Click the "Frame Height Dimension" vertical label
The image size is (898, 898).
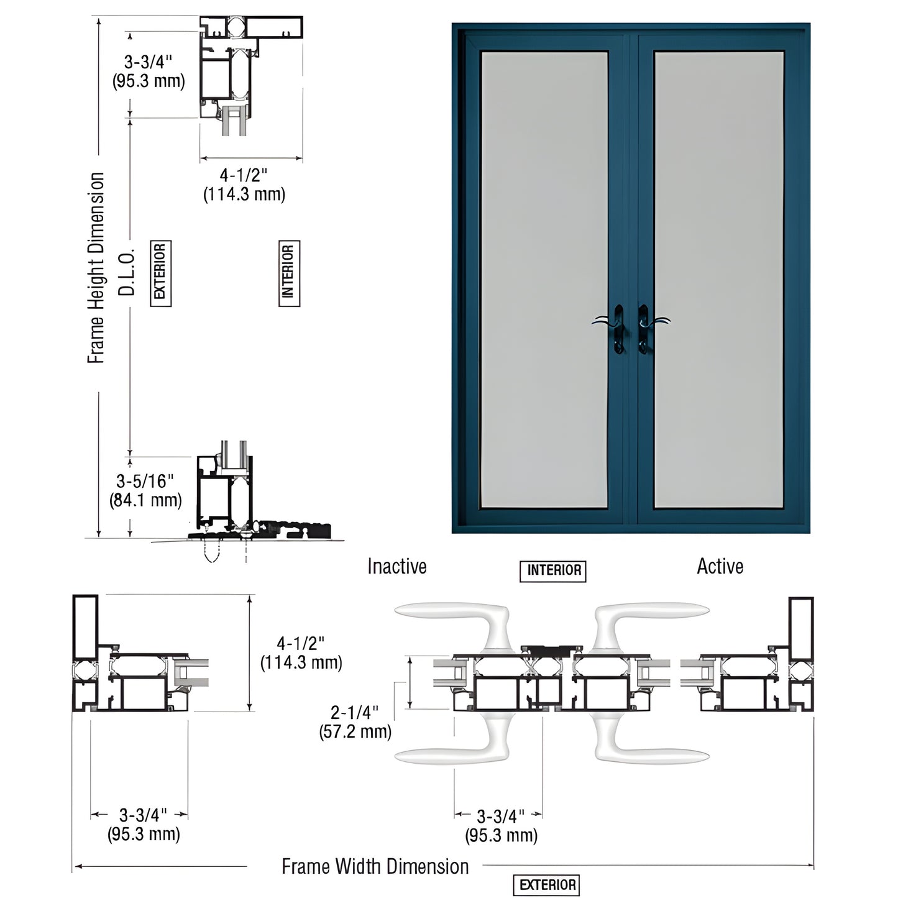(96, 268)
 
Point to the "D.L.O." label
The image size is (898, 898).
(127, 272)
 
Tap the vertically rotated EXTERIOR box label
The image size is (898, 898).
(160, 273)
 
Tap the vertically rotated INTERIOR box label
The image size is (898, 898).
(289, 273)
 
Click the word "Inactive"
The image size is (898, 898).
(396, 567)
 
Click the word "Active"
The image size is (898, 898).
(720, 567)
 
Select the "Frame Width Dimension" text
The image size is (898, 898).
(375, 866)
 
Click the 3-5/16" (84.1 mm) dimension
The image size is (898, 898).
(145, 490)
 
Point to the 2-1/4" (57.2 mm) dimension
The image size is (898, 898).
(355, 722)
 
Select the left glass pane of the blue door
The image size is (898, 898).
(544, 280)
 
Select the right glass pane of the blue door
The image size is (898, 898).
(718, 280)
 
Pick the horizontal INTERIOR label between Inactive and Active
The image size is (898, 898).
(553, 570)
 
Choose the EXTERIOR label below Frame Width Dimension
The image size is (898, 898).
(547, 885)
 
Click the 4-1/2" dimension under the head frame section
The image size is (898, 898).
(244, 185)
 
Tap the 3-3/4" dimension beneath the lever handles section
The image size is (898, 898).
(501, 825)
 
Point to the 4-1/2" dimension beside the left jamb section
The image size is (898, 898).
(301, 653)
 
